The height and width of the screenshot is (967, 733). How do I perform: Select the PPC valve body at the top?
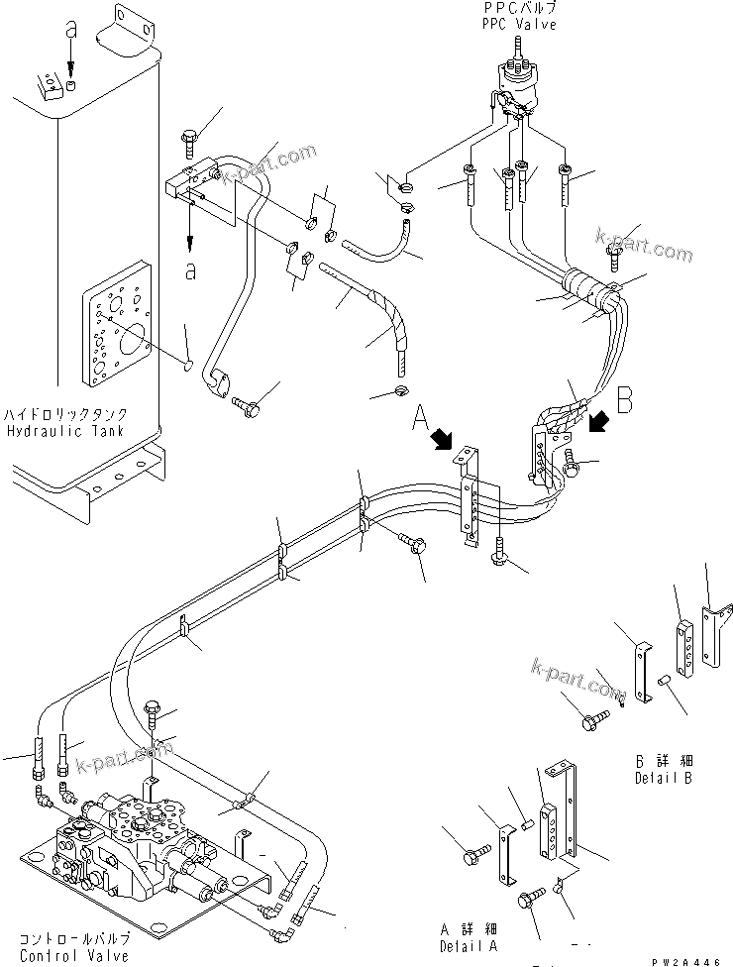coord(518,84)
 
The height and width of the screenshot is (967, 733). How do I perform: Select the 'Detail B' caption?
coord(664,778)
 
